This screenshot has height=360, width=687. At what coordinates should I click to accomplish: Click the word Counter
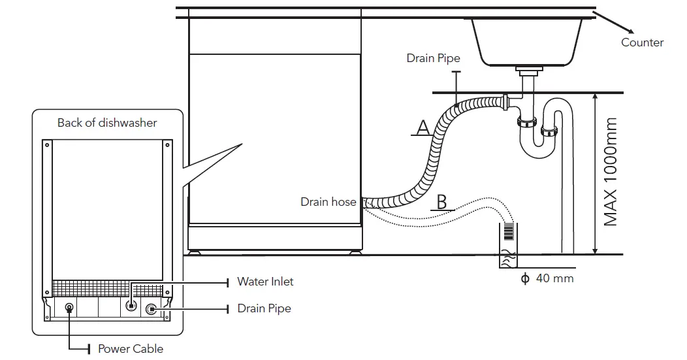(x=642, y=42)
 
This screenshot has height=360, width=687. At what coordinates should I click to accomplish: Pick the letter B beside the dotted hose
(x=441, y=202)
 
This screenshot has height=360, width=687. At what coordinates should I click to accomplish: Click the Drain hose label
(x=328, y=202)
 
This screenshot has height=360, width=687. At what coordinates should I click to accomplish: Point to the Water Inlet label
(x=265, y=282)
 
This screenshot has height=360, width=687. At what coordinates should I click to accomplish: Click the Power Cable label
(x=131, y=349)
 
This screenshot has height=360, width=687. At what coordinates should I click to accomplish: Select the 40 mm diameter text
(x=554, y=279)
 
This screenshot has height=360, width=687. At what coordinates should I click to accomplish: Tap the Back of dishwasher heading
(x=107, y=123)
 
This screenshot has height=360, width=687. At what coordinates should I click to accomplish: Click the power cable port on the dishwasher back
(x=69, y=307)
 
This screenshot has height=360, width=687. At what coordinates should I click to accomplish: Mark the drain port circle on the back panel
(x=152, y=310)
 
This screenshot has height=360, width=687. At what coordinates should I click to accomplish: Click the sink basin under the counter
(x=527, y=41)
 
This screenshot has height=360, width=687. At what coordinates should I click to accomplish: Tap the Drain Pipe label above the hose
(x=433, y=58)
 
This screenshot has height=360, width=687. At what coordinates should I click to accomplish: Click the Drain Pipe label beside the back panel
(x=264, y=308)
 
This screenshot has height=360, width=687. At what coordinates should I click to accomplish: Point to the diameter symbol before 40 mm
(x=524, y=279)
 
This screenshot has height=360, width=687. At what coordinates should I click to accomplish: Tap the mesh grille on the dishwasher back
(x=107, y=287)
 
